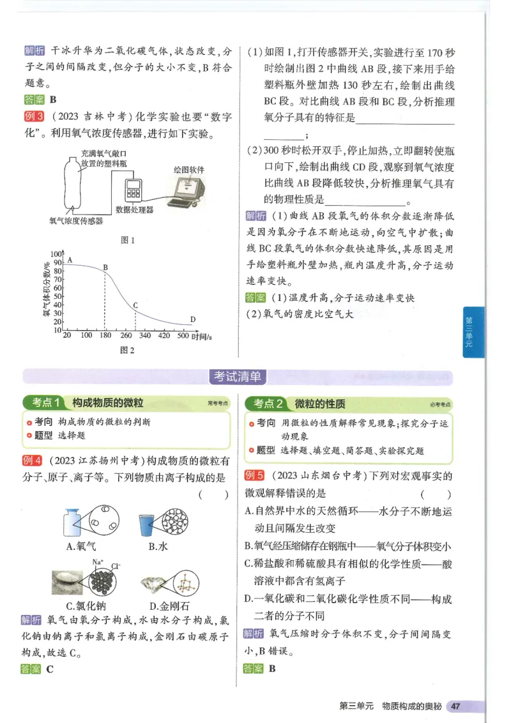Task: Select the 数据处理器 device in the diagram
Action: (x=133, y=190)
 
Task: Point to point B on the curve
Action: (x=105, y=268)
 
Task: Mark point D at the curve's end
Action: (x=192, y=319)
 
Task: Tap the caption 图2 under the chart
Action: (x=128, y=350)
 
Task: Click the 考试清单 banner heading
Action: (x=238, y=377)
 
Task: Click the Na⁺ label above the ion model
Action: (x=98, y=562)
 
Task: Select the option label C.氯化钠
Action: (x=88, y=605)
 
